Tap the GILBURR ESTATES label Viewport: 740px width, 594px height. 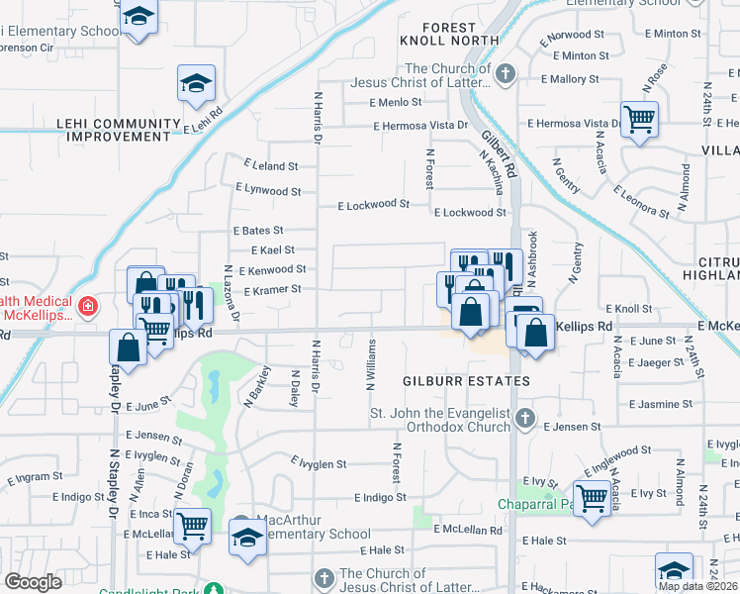point(465,381)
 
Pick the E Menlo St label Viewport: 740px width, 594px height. point(396,102)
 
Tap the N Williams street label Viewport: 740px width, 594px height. point(370,366)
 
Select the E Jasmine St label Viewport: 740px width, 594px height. point(661,404)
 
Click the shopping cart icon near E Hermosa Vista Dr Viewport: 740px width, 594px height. point(639,119)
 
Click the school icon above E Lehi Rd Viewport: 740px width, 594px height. point(196,83)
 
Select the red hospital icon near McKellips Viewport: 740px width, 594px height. point(88,307)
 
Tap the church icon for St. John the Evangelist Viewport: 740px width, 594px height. point(524,419)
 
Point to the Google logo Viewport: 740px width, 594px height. point(33,582)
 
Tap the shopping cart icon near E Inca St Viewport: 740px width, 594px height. point(193,524)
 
